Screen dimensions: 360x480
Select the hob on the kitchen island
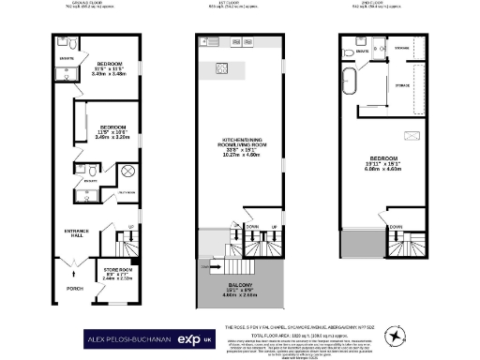pos(223,67)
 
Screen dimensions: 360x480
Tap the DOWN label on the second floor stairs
pos(397,226)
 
